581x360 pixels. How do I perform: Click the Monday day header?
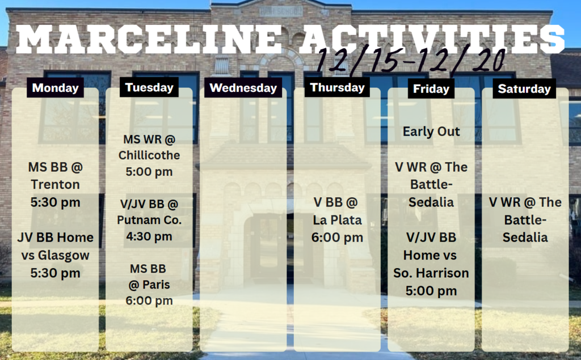pyautogui.click(x=55, y=88)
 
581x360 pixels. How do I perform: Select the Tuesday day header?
pyautogui.click(x=149, y=87)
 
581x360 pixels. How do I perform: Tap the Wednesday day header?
pyautogui.click(x=243, y=88)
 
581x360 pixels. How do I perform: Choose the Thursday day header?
pyautogui.click(x=337, y=87)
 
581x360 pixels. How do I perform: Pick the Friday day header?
pyautogui.click(x=431, y=89)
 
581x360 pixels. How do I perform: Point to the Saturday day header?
pyautogui.click(x=524, y=89)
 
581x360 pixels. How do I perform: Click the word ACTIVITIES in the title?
pyautogui.click(x=432, y=39)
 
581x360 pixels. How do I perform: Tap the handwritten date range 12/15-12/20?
pyautogui.click(x=411, y=60)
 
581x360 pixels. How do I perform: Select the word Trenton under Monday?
pyautogui.click(x=55, y=184)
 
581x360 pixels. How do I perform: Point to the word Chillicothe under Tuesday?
pyautogui.click(x=149, y=155)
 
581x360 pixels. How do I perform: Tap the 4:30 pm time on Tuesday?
pyautogui.click(x=149, y=236)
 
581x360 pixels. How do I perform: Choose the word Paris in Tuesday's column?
pyautogui.click(x=156, y=285)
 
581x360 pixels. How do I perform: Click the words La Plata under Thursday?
pyautogui.click(x=337, y=220)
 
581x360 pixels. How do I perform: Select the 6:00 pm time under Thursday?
pyautogui.click(x=337, y=238)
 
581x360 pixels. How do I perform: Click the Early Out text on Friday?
pyautogui.click(x=431, y=132)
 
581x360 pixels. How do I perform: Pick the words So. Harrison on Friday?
pyautogui.click(x=431, y=273)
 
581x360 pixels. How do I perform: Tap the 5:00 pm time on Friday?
pyautogui.click(x=431, y=291)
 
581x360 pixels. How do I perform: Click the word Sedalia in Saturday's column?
pyautogui.click(x=525, y=238)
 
